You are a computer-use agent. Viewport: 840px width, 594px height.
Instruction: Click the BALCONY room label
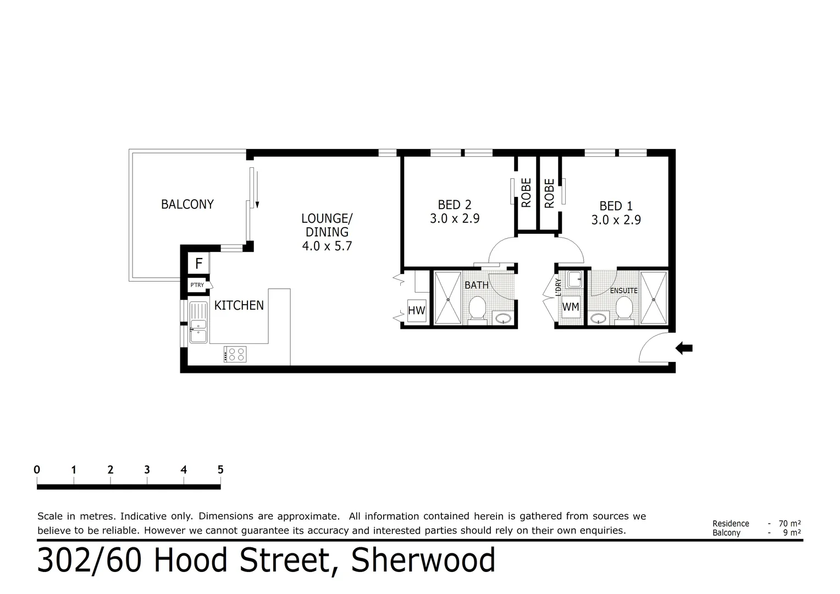[187, 204]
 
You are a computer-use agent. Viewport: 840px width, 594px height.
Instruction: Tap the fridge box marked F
[198, 263]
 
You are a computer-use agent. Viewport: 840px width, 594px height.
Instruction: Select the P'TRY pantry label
[197, 285]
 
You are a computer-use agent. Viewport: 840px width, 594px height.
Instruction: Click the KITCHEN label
[239, 305]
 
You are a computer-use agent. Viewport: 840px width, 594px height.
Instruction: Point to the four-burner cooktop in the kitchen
[235, 354]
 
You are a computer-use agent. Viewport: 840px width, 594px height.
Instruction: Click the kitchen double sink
[198, 323]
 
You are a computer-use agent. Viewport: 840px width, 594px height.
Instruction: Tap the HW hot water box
[416, 311]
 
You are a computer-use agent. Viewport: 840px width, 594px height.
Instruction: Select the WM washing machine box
[571, 307]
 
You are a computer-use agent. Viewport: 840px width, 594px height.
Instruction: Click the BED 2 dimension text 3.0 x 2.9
[455, 219]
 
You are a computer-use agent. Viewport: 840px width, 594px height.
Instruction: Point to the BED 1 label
[616, 206]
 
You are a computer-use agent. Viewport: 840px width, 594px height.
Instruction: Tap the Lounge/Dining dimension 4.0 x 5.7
[327, 246]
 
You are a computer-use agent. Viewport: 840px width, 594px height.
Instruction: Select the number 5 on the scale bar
[220, 470]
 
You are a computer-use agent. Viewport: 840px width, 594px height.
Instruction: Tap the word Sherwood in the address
[423, 560]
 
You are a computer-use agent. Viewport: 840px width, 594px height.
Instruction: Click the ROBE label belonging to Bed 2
[526, 193]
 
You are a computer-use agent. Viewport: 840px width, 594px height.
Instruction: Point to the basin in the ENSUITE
[598, 318]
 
